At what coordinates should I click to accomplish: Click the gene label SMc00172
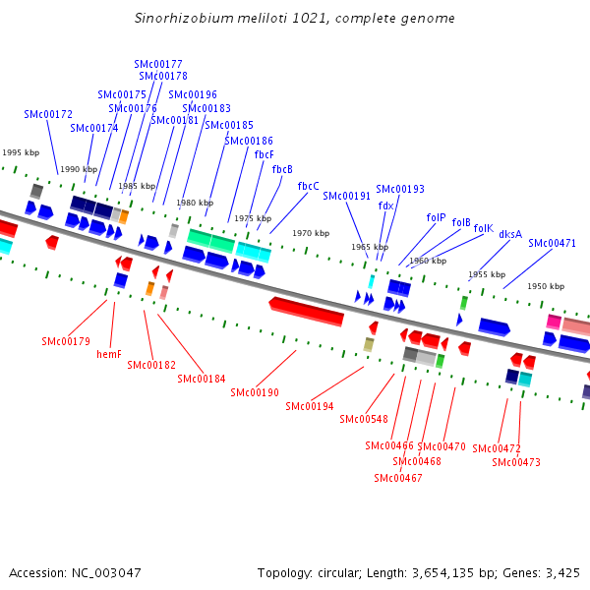(x=48, y=114)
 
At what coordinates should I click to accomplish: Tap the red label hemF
(x=109, y=354)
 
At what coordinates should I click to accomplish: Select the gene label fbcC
(x=308, y=186)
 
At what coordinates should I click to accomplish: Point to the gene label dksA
(x=510, y=234)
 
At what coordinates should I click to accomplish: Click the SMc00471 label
(x=552, y=243)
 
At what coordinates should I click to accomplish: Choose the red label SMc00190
(x=255, y=392)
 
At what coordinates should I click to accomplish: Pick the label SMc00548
(x=363, y=419)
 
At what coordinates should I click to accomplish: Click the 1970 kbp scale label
(x=310, y=233)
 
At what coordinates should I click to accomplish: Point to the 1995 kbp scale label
(x=20, y=152)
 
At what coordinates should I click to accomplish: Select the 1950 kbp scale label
(x=545, y=286)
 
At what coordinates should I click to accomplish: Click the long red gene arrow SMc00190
(x=307, y=312)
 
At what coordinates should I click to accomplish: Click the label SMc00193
(x=400, y=189)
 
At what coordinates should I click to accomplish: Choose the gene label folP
(x=436, y=217)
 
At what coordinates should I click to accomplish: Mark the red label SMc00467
(x=398, y=478)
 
